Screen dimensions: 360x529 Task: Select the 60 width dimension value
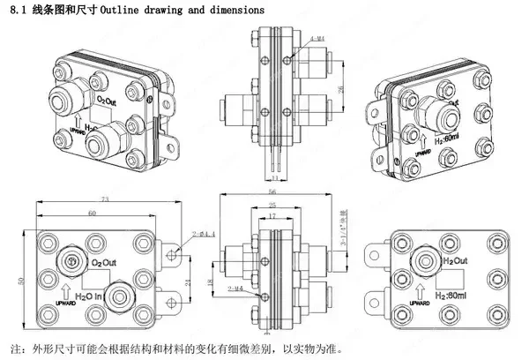click(x=92, y=214)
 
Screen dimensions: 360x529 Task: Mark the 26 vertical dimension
click(x=340, y=90)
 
